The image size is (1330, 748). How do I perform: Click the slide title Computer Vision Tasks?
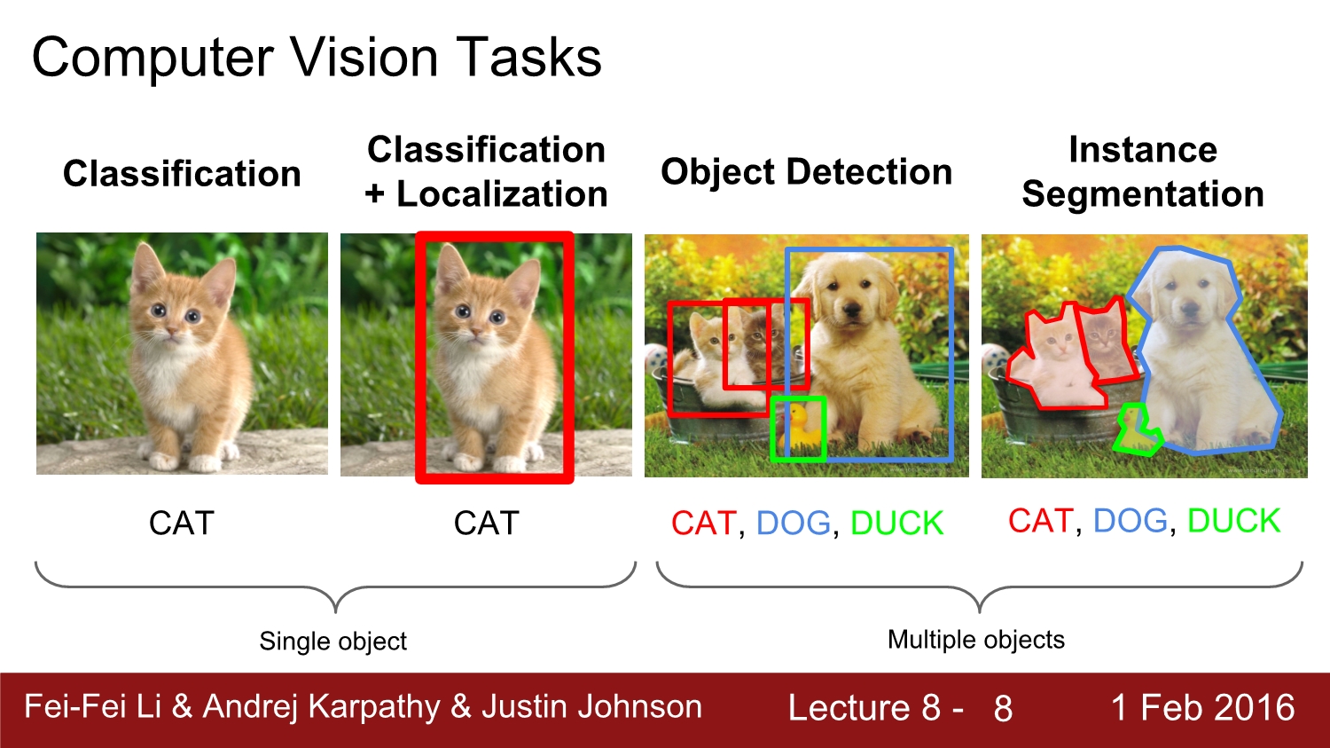pos(317,58)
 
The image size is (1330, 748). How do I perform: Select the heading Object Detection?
pos(806,172)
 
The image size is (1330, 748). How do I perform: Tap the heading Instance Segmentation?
pos(1142,172)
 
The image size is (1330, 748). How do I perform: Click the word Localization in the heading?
pos(501,194)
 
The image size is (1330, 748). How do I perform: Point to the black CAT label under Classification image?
pos(182,524)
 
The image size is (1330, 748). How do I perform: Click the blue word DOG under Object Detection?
pos(793,524)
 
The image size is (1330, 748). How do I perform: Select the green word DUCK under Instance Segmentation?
pos(1233,521)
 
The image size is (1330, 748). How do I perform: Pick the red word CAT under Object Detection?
pos(703,524)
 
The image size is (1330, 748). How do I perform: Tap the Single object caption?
pos(332,641)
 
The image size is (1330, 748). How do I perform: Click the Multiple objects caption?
pos(975,640)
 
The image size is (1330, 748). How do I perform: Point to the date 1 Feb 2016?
pos(1202,708)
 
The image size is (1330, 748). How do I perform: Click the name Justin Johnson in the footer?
pos(591,707)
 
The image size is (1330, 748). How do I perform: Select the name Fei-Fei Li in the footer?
pos(92,707)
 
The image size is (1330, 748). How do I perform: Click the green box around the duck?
pos(798,429)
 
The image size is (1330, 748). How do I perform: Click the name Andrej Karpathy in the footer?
pos(321,707)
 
